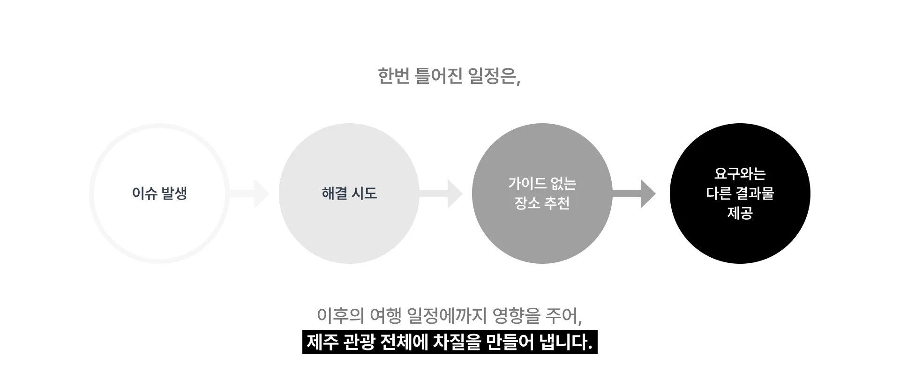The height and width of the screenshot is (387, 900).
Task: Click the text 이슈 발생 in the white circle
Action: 159,193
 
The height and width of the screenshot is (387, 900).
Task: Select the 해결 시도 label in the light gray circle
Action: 349,193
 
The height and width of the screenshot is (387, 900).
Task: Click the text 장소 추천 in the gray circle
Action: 542,203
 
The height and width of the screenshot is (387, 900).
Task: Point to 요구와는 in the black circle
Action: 740,174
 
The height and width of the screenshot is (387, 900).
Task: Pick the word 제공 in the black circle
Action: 740,213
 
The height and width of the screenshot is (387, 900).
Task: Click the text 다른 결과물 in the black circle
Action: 740,193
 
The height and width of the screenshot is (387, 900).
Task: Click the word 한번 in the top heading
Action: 394,76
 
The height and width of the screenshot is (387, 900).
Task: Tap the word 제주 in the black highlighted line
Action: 322,342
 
